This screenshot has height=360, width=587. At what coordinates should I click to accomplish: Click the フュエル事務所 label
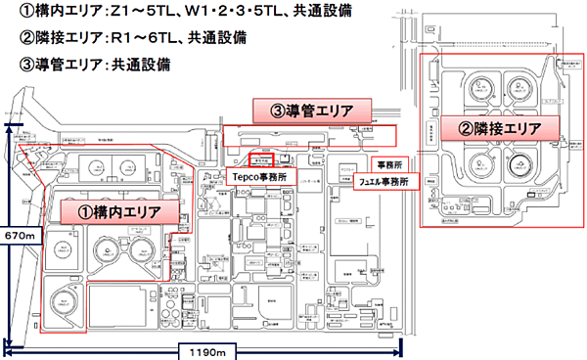click(383, 181)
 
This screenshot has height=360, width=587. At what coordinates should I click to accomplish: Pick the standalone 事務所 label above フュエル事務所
click(388, 162)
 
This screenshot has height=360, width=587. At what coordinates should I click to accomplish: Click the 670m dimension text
click(19, 237)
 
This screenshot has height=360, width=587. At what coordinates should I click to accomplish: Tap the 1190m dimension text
click(202, 350)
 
